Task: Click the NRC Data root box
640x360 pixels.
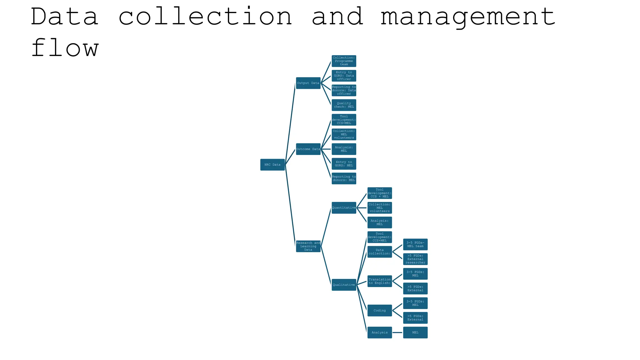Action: coord(272,165)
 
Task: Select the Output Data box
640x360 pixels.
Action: coord(308,83)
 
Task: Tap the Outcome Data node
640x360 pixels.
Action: coord(308,149)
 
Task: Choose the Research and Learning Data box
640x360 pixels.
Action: coord(308,246)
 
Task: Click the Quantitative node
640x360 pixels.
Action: coord(344,208)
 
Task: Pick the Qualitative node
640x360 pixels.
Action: coord(344,285)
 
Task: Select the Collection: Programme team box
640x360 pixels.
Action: coord(344,61)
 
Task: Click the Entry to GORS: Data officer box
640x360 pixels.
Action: coord(344,76)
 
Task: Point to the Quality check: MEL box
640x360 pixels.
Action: coord(344,105)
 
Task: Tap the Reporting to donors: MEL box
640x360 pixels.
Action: coord(344,178)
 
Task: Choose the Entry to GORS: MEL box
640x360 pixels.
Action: coord(344,164)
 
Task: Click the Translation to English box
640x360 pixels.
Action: coord(379,281)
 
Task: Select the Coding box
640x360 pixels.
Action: coord(379,311)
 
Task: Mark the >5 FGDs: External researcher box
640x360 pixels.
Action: coord(415,259)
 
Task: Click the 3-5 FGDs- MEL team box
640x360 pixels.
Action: coord(415,244)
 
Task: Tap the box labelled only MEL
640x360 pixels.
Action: coord(415,332)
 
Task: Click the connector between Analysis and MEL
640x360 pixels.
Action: coord(397,332)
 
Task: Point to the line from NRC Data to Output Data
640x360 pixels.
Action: coord(290,122)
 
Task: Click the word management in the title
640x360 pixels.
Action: coord(467,17)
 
